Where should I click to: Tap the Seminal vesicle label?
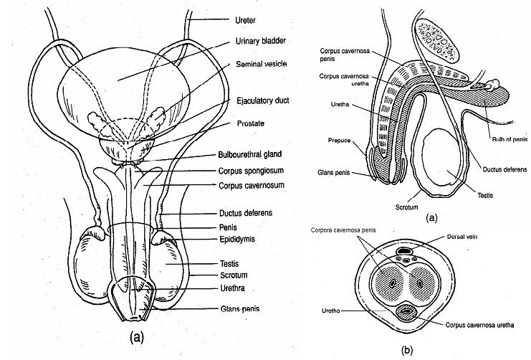coord(261,64)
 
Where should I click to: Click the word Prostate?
coord(250,123)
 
